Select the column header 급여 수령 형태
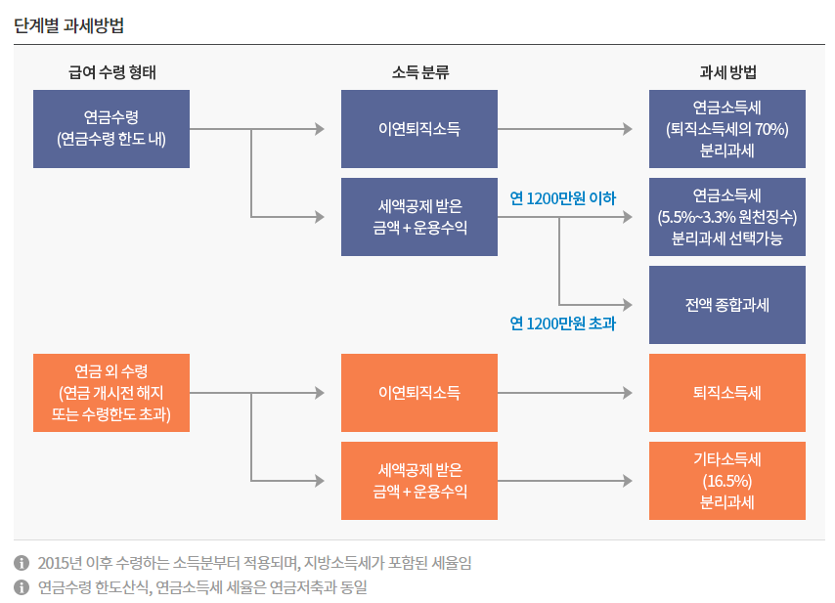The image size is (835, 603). click(x=111, y=72)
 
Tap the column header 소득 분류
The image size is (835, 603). click(x=419, y=72)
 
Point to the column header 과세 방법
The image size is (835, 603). click(x=727, y=72)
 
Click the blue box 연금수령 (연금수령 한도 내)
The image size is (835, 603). click(x=111, y=128)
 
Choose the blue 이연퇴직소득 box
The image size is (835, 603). click(x=419, y=128)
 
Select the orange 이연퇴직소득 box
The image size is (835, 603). click(x=419, y=393)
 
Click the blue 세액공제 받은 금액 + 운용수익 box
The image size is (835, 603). click(x=419, y=217)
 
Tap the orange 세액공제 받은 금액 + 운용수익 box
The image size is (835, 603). click(x=419, y=481)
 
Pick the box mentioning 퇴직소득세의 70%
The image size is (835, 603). click(x=727, y=128)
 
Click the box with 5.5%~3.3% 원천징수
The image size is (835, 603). click(x=727, y=217)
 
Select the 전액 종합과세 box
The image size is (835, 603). click(x=727, y=305)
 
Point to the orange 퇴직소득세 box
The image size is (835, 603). click(x=727, y=393)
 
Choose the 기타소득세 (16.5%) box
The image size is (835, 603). click(x=727, y=481)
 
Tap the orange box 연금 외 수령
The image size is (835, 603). click(x=111, y=393)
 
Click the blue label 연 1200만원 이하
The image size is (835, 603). click(x=563, y=198)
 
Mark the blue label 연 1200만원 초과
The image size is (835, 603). click(x=563, y=323)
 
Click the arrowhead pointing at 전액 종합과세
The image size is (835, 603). click(x=627, y=305)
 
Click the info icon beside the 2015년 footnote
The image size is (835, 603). click(x=22, y=563)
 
